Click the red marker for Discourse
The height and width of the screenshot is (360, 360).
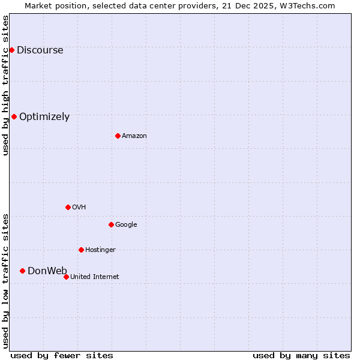click(11, 50)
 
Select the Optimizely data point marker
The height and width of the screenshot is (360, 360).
click(14, 116)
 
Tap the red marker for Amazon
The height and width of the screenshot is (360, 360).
click(118, 136)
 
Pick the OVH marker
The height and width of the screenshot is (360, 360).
click(68, 207)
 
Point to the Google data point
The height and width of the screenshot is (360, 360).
click(111, 224)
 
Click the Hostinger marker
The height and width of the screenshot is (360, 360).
click(81, 250)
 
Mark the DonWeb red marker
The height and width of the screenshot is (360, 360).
click(22, 271)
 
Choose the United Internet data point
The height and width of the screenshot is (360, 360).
click(66, 277)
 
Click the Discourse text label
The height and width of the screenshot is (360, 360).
click(40, 50)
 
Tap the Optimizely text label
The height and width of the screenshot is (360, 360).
click(44, 117)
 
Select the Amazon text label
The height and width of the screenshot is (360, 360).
click(134, 136)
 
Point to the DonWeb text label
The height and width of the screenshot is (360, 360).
click(47, 271)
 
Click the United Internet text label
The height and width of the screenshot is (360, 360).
click(95, 277)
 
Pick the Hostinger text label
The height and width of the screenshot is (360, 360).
click(100, 250)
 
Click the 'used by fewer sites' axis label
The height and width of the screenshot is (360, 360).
click(62, 355)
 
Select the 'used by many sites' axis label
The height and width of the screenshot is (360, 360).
click(301, 355)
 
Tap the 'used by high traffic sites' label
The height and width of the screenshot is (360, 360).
click(6, 85)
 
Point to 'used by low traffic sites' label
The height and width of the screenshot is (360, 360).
click(6, 281)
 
